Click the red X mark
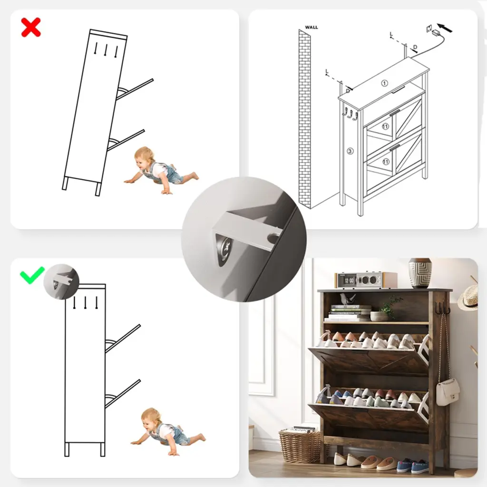pyautogui.click(x=31, y=27)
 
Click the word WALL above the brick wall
pyautogui.click(x=311, y=27)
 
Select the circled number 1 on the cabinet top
pyautogui.click(x=384, y=83)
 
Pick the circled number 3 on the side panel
pyautogui.click(x=350, y=151)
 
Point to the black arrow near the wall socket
pyautogui.click(x=445, y=28)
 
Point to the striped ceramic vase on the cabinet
pyautogui.click(x=420, y=273)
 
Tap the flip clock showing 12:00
pyautogui.click(x=350, y=281)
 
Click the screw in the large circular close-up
pyautogui.click(x=224, y=246)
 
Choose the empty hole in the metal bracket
pyautogui.click(x=273, y=238)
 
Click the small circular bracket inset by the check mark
pyautogui.click(x=61, y=282)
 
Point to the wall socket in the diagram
pyautogui.click(x=429, y=29)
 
